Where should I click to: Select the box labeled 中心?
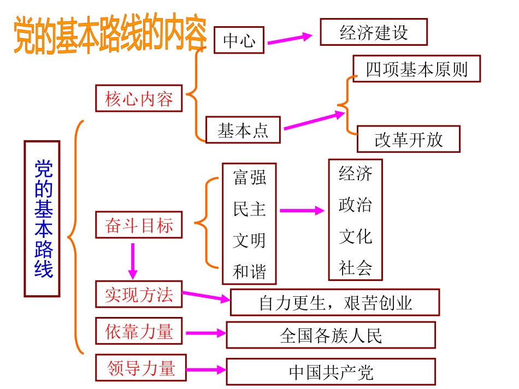(239, 40)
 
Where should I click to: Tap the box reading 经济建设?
(374, 32)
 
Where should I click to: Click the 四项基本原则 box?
(416, 69)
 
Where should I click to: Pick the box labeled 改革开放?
(409, 140)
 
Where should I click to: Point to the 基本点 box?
(243, 130)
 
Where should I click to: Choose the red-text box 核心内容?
(139, 98)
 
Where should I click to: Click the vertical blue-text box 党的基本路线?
(42, 218)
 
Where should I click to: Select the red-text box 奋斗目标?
(139, 225)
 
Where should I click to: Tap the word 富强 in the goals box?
(250, 177)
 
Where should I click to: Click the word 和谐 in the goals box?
(250, 271)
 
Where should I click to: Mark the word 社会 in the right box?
(355, 267)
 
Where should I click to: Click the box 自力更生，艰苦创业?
(335, 303)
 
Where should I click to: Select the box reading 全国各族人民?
(331, 335)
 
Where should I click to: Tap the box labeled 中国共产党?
(331, 372)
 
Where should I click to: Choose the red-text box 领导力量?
(141, 368)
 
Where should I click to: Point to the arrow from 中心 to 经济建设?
(290, 39)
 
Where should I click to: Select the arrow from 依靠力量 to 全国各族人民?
(205, 333)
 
